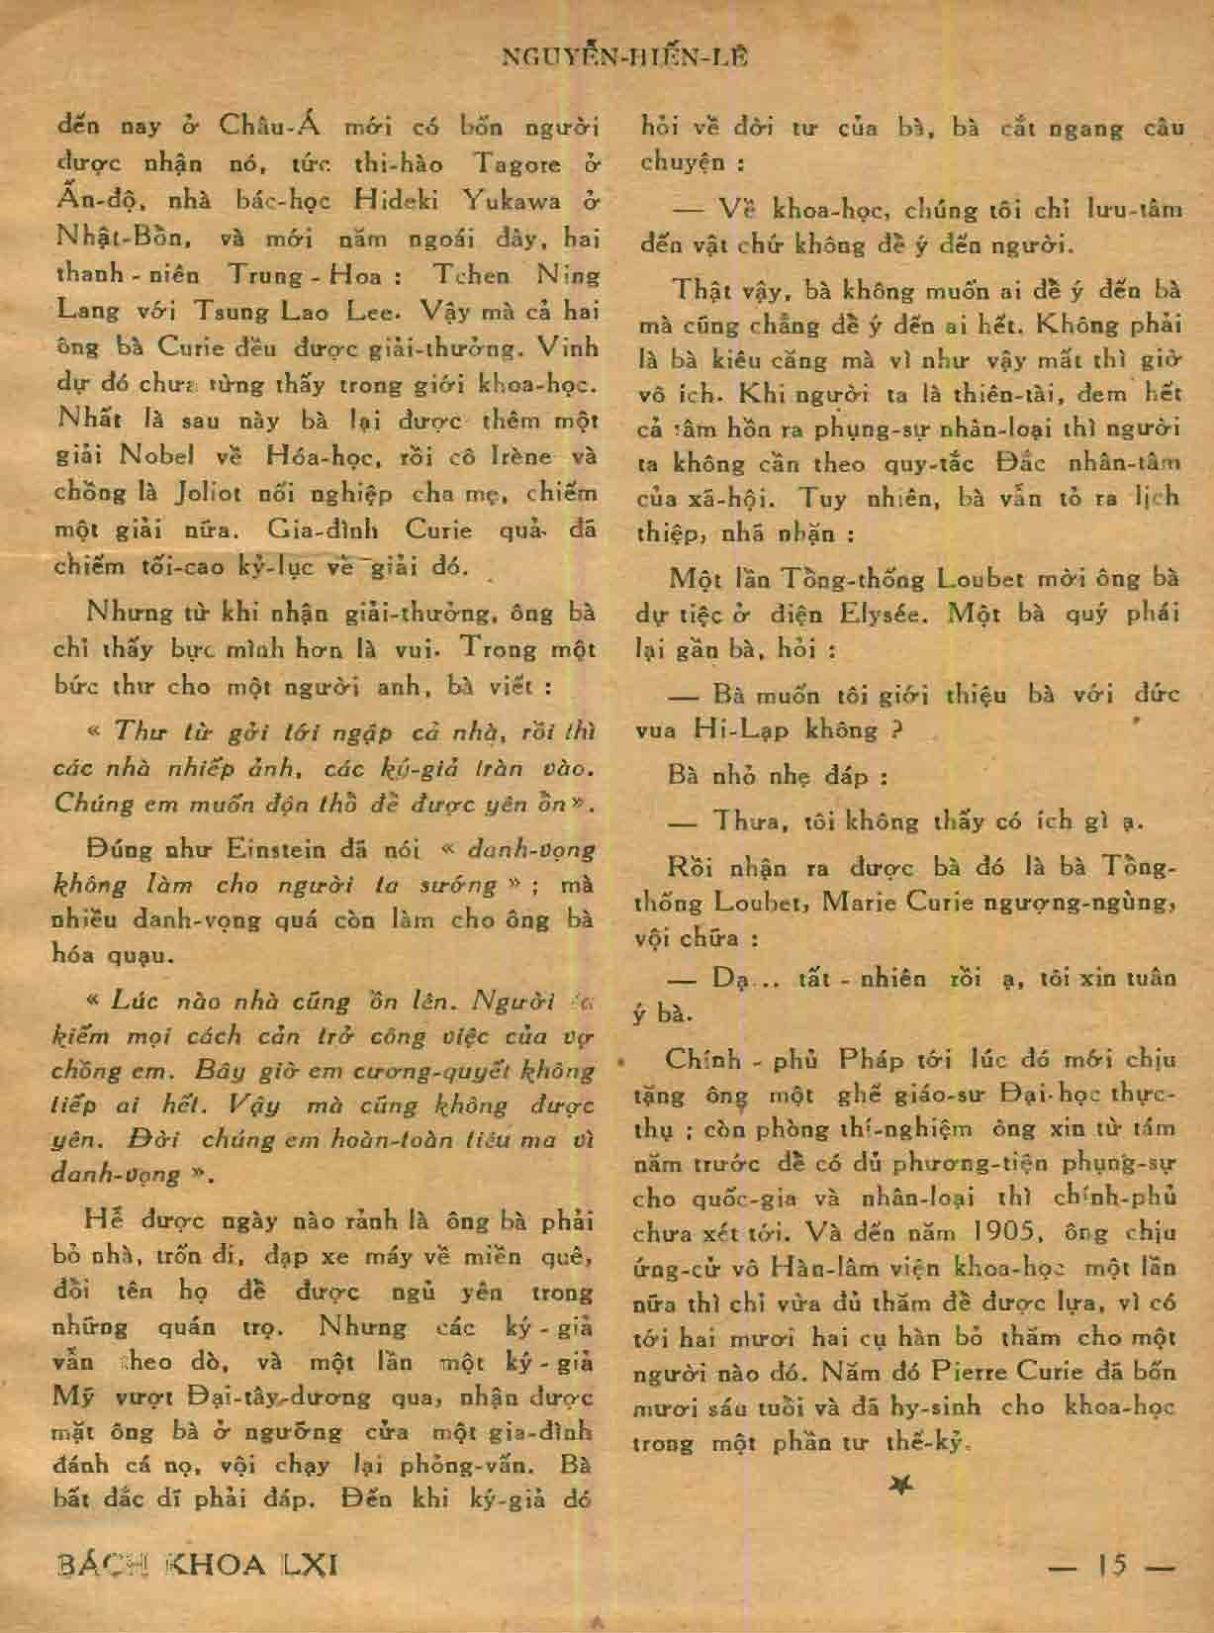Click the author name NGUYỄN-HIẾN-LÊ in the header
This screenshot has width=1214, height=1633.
(x=625, y=56)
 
